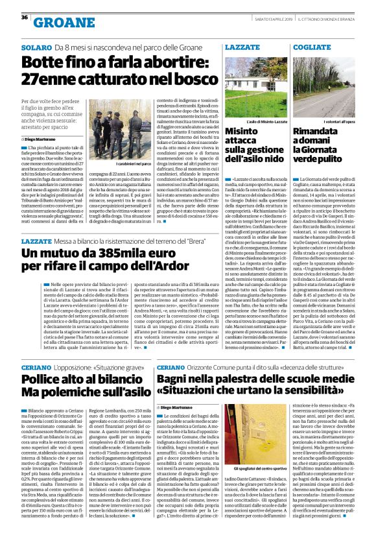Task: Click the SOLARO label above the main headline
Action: click(x=36, y=48)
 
